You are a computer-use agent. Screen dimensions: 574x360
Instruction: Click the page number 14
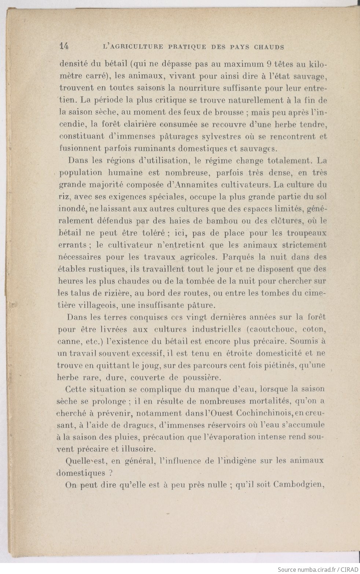tap(64, 47)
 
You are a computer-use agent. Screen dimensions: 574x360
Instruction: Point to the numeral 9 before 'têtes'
tap(269, 65)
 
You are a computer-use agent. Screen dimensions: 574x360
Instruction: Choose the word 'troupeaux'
tap(306, 233)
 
